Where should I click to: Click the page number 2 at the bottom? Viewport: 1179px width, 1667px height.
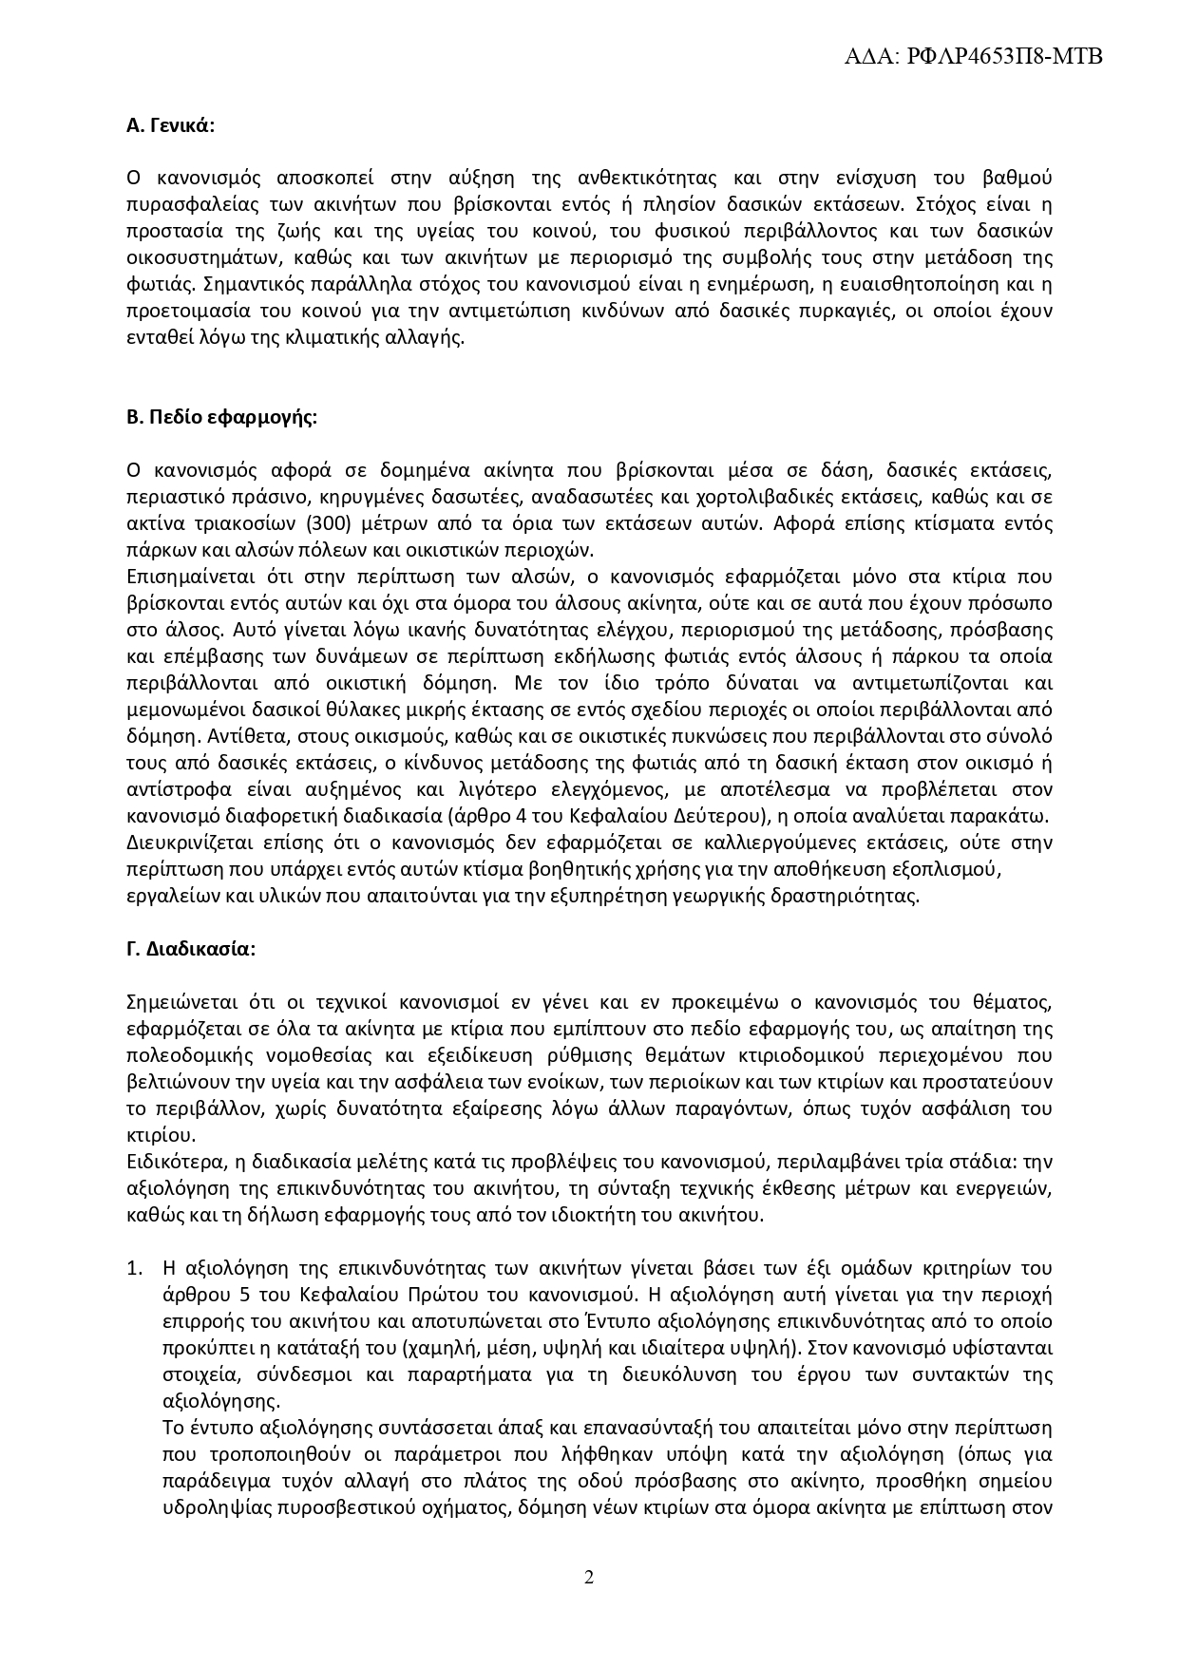pos(589,1578)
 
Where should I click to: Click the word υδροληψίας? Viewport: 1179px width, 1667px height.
pos(213,1507)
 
